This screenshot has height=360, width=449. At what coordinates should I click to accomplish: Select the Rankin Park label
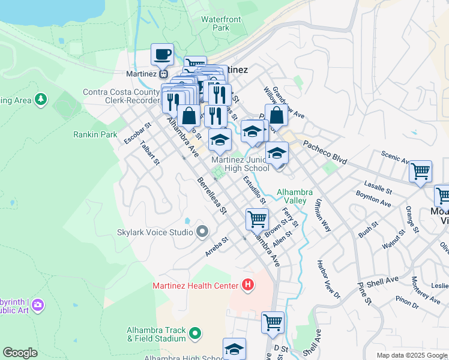(x=95, y=134)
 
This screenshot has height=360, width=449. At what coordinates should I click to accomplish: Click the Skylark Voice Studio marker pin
(x=202, y=232)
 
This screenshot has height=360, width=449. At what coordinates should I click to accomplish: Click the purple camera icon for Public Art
(x=38, y=305)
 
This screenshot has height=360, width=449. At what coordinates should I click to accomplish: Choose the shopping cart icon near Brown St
(x=257, y=219)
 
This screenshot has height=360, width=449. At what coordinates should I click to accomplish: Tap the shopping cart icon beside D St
(x=273, y=322)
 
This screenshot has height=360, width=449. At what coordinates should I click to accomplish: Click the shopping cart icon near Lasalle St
(x=420, y=171)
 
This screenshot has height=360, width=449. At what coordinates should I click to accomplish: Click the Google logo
(x=20, y=353)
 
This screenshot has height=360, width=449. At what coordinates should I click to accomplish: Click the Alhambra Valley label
(x=294, y=196)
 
